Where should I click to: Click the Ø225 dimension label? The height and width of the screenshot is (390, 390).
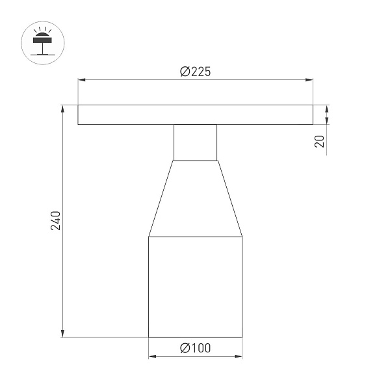(x=195, y=72)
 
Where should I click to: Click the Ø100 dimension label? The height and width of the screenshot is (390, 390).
(x=195, y=348)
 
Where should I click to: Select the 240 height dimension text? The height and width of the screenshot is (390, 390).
(x=56, y=221)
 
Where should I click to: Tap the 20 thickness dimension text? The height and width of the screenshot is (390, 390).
(x=319, y=142)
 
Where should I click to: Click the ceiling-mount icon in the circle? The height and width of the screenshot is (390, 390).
(x=44, y=42)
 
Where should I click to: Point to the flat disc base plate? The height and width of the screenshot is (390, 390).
(x=195, y=114)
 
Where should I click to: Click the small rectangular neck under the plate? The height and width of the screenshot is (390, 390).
(x=195, y=142)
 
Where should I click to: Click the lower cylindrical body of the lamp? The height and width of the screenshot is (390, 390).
(x=195, y=286)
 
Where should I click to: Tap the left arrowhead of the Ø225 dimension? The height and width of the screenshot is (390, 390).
(x=81, y=81)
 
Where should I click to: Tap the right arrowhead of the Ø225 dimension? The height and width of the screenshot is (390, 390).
(x=309, y=81)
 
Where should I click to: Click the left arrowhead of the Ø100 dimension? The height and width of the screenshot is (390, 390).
(x=151, y=357)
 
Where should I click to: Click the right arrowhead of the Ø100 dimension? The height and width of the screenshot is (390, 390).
(x=239, y=357)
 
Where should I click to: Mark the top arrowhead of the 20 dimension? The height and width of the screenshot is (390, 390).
(x=327, y=109)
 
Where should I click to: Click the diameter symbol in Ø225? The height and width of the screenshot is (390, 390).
(x=184, y=72)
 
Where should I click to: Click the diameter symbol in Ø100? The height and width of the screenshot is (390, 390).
(x=184, y=348)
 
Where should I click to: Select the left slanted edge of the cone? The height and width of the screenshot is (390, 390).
(x=161, y=198)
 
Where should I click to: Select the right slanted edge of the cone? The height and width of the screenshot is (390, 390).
(x=229, y=198)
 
